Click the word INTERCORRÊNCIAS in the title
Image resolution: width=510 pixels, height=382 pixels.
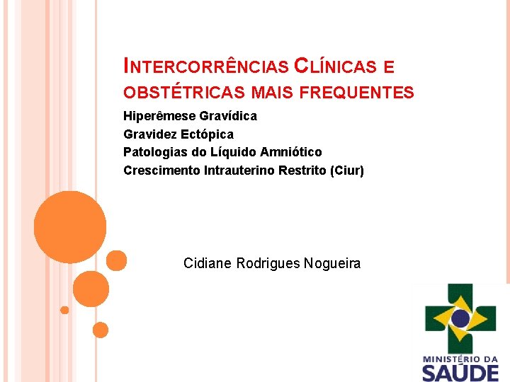tap(206, 67)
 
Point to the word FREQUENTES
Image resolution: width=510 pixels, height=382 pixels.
tap(357, 93)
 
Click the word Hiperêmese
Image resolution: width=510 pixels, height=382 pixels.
tap(159, 115)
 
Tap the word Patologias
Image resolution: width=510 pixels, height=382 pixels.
tap(154, 152)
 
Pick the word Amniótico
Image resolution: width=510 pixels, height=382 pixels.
tap(290, 152)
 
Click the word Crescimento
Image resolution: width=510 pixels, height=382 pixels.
tap(161, 170)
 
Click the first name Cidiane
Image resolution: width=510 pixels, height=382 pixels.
tap(207, 264)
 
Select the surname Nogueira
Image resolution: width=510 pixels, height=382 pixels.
tap(332, 264)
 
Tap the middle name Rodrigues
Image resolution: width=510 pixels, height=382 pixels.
tap(268, 264)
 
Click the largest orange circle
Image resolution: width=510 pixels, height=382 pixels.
tap(70, 227)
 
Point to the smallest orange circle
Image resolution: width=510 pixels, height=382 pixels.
tap(64, 310)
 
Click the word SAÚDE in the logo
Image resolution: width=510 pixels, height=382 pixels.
tap(461, 372)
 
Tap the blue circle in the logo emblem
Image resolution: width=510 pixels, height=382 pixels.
tap(461, 318)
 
